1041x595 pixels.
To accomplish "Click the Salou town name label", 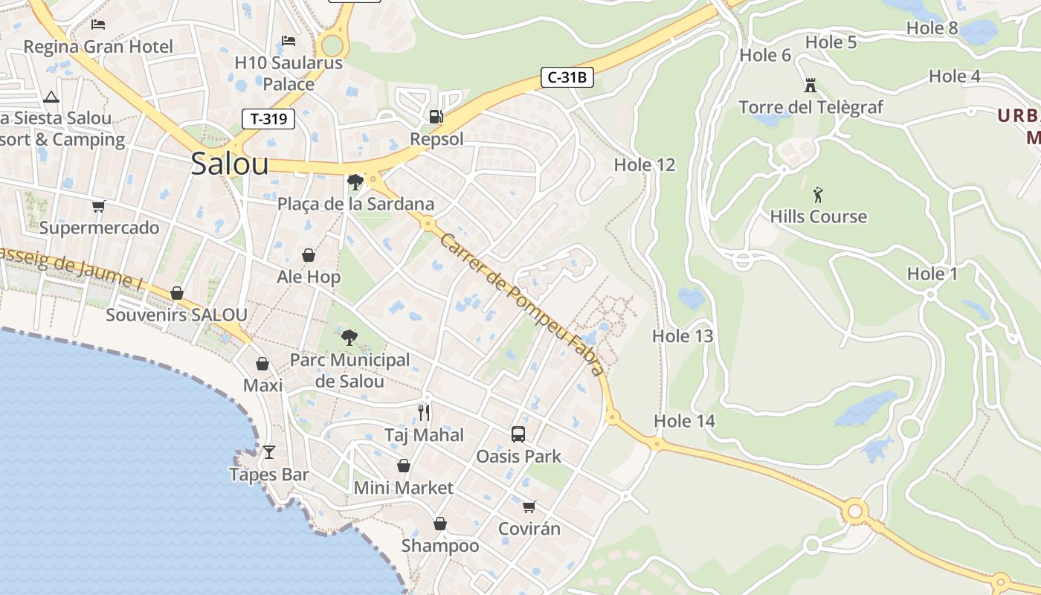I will tap(229, 164).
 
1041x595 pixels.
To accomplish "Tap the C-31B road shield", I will tap(567, 77).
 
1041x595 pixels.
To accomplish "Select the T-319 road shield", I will tap(268, 118).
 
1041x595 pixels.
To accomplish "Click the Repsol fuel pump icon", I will tap(436, 117).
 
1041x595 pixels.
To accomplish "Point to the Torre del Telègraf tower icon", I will tap(810, 86).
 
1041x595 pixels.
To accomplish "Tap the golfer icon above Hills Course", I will tap(819, 195).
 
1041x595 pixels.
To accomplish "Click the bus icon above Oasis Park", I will tap(518, 434).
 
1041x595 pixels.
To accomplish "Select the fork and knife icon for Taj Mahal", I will tap(424, 412).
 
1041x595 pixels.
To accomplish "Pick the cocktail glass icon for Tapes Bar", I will tap(268, 451).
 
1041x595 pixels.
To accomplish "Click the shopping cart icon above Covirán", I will tap(529, 506).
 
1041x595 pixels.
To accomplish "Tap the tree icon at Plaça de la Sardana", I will tap(355, 181).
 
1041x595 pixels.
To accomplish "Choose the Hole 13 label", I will tap(682, 336).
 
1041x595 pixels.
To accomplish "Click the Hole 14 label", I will tap(684, 421).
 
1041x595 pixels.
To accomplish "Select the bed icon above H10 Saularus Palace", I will tap(289, 40).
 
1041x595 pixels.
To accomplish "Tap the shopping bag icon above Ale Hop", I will tap(309, 255).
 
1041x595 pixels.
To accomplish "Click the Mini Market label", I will tap(403, 488).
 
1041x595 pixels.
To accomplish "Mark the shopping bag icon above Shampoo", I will tap(440, 524).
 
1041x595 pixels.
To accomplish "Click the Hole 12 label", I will tap(644, 165).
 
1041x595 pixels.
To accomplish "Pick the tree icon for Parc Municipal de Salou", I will tap(349, 338).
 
